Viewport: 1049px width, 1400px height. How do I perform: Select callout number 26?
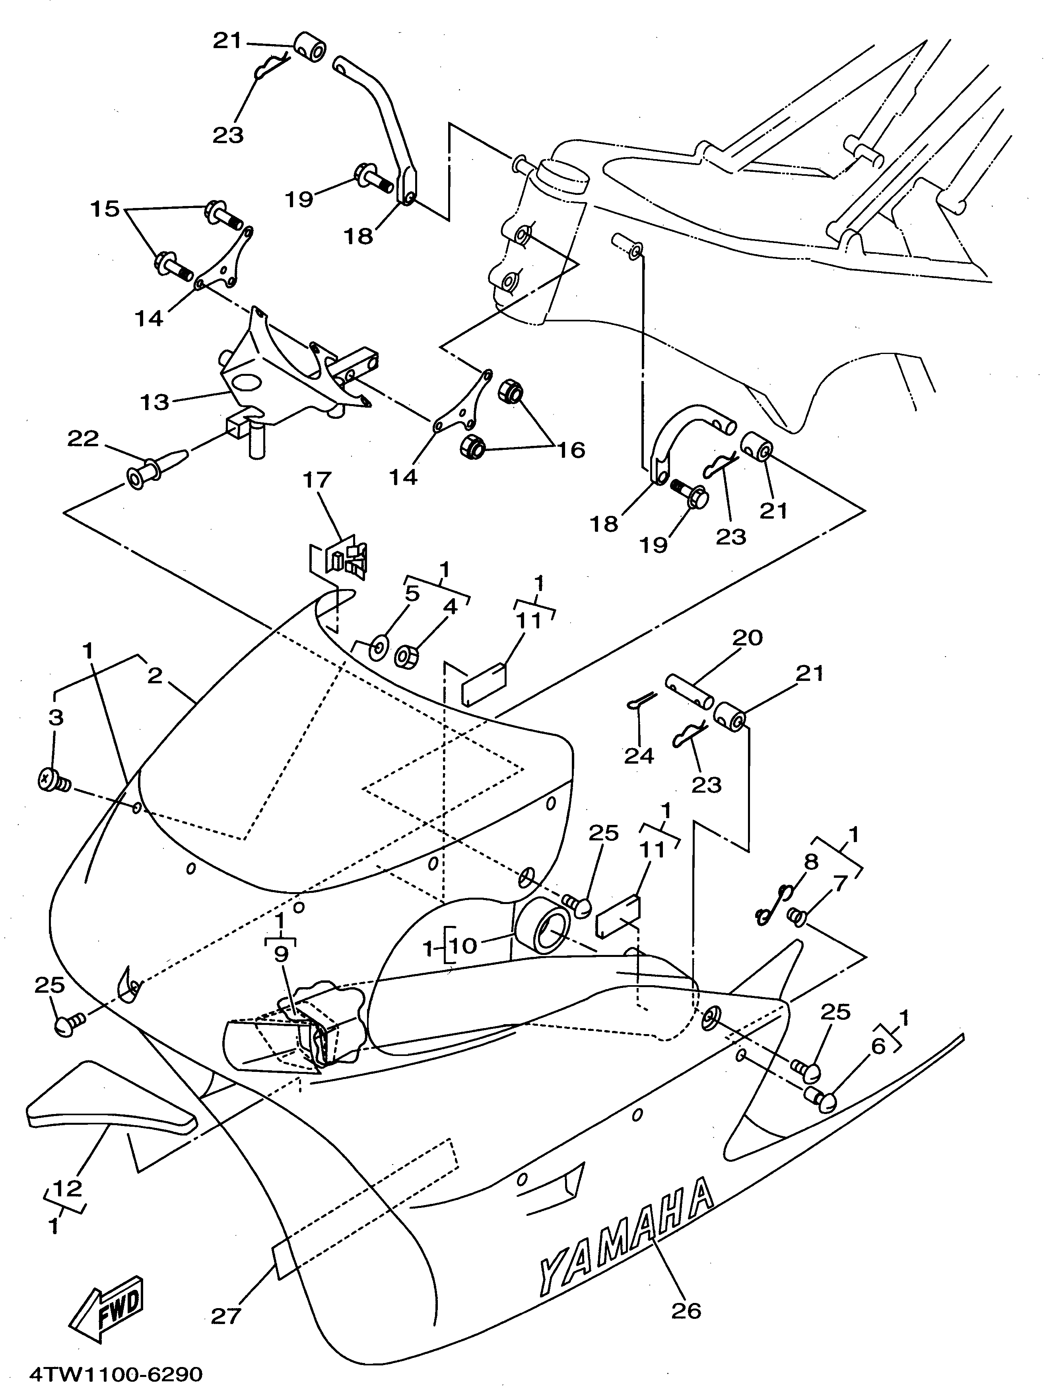(x=686, y=1310)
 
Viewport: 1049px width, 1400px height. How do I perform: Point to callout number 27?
(x=226, y=1316)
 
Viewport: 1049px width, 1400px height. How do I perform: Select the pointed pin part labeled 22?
(x=158, y=467)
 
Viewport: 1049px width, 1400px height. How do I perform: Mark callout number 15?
(x=105, y=208)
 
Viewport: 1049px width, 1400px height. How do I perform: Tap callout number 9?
(x=280, y=954)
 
